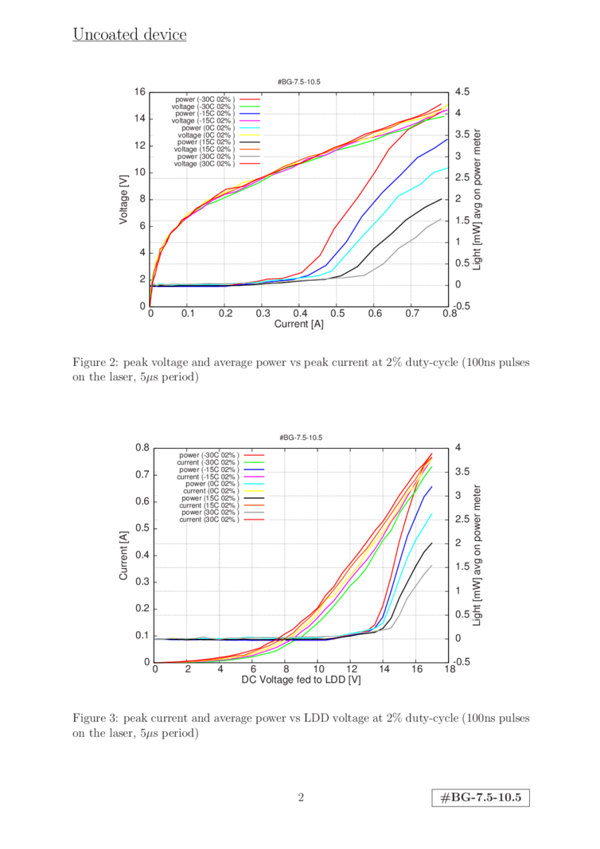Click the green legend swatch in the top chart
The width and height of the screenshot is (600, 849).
tap(250, 106)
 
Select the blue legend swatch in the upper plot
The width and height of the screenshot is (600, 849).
tap(250, 113)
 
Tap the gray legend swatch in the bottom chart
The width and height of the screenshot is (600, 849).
tap(253, 512)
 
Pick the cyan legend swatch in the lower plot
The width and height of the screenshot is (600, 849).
tap(253, 484)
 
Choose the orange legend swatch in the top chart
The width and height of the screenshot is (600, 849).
tap(250, 149)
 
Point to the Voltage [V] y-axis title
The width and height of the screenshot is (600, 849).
tap(124, 199)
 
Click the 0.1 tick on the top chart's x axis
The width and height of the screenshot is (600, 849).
tap(188, 314)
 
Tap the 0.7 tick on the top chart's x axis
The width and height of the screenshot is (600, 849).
tap(411, 314)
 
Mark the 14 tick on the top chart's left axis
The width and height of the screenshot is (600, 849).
tap(139, 119)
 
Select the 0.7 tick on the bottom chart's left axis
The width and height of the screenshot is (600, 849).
tap(143, 475)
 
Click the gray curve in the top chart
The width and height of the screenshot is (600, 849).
tap(398, 250)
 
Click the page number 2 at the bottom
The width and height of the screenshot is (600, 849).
tap(300, 797)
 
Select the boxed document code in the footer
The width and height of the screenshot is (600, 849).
tap(481, 797)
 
